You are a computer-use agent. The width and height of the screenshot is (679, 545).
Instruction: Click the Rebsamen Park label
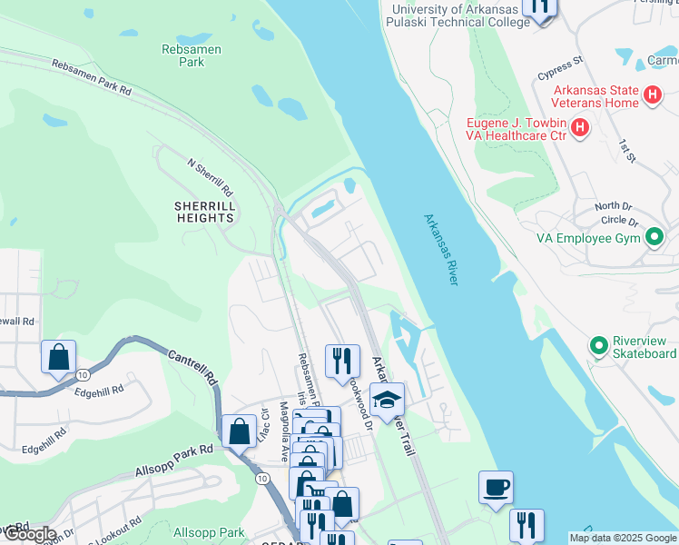click(192, 56)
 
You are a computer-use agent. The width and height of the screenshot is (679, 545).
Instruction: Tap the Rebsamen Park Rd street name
click(92, 78)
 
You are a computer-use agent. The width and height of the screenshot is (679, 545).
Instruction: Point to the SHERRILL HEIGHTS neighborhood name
click(205, 212)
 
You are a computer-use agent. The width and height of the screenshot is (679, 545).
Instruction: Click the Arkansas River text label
click(440, 250)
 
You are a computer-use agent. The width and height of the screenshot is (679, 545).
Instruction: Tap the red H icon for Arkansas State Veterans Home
click(652, 95)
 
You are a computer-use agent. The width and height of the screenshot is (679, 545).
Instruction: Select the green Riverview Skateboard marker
click(598, 346)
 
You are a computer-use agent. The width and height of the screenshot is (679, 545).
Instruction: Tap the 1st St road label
click(625, 151)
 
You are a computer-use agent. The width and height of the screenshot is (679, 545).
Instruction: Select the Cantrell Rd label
click(191, 367)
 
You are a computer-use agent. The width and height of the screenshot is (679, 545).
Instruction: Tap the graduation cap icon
click(388, 399)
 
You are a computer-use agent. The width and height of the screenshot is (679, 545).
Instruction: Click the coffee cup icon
click(496, 487)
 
